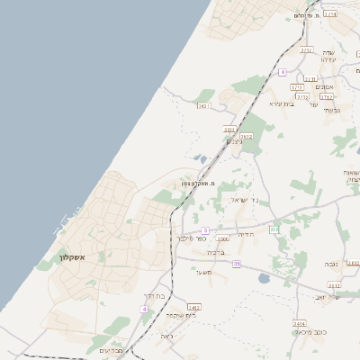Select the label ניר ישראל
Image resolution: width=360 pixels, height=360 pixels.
[x=245, y=200]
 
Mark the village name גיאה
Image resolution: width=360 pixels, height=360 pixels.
[x=166, y=336]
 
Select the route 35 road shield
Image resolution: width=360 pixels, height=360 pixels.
[x=237, y=264]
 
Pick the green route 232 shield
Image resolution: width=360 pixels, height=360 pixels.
[x=274, y=230]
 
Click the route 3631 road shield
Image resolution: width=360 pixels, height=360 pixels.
[x=203, y=106]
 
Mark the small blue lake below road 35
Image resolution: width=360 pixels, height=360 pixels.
[x=263, y=279]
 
